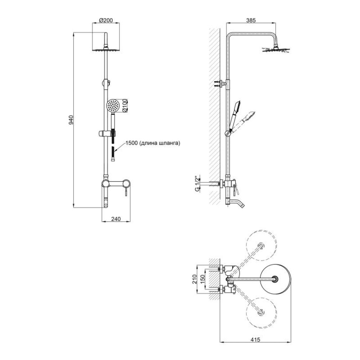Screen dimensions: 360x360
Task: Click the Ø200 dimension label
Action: pos(106,20)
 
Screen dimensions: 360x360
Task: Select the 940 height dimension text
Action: pos(71,120)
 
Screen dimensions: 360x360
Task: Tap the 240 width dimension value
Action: pos(116,219)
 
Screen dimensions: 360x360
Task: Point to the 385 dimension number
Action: pos(251,20)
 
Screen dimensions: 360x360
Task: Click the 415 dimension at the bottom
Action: pos(255,339)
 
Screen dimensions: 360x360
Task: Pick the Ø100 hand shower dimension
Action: pos(125,105)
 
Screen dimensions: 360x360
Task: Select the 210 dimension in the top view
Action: pos(195,279)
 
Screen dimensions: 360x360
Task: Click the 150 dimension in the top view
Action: pos(202,279)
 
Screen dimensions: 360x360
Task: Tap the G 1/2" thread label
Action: pos(197,184)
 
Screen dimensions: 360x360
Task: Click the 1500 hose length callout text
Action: pos(153,143)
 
